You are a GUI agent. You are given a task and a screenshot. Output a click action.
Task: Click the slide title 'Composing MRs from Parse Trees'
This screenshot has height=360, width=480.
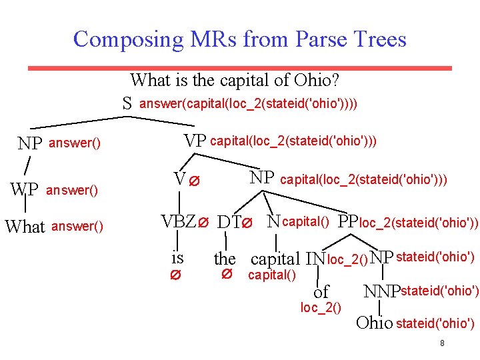pyautogui.click(x=239, y=39)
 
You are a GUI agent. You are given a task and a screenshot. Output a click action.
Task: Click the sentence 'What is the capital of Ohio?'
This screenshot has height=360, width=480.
pyautogui.click(x=235, y=81)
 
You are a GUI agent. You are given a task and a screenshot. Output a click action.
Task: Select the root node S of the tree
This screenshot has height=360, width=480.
pyautogui.click(x=127, y=103)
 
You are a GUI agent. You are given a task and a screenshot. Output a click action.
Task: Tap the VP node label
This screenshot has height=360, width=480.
pyautogui.click(x=195, y=141)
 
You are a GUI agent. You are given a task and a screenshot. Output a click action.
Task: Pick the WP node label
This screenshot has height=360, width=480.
pyautogui.click(x=25, y=189)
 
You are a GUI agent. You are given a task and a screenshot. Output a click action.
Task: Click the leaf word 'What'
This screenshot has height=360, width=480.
pyautogui.click(x=25, y=227)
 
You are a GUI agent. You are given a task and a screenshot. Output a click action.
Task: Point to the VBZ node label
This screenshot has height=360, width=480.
pyautogui.click(x=179, y=222)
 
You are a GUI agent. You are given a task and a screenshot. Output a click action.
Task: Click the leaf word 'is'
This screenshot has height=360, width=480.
pyautogui.click(x=177, y=257)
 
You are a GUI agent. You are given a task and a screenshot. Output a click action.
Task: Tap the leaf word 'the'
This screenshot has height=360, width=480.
pyautogui.click(x=225, y=258)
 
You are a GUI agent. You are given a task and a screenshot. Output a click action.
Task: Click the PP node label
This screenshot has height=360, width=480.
pyautogui.click(x=348, y=221)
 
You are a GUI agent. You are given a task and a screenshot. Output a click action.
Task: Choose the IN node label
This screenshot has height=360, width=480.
pyautogui.click(x=315, y=258)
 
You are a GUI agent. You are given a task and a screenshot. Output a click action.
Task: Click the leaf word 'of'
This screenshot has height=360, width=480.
pyautogui.click(x=321, y=291)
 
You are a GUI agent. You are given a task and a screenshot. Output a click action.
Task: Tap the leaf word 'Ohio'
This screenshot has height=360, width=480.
pyautogui.click(x=375, y=323)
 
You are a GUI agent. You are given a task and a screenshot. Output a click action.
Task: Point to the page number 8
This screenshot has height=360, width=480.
pyautogui.click(x=442, y=343)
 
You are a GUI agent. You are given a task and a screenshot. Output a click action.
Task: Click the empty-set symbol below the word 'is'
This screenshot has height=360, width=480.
pyautogui.click(x=177, y=275)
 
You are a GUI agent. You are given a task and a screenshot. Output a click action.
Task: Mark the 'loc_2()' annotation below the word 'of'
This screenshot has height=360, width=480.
pyautogui.click(x=321, y=307)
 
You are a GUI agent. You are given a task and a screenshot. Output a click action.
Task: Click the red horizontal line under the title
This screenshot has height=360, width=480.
pyautogui.click(x=239, y=68)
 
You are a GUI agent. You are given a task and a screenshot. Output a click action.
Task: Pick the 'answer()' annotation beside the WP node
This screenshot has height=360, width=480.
pyautogui.click(x=72, y=191)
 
